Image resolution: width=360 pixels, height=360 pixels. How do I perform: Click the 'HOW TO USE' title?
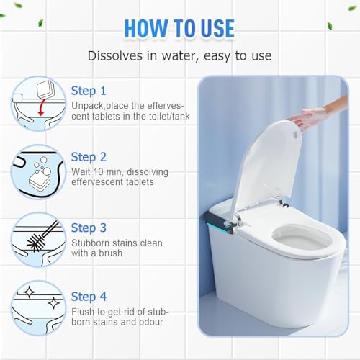click(179, 28)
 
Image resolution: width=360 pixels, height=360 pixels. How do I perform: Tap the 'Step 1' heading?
click(89, 91)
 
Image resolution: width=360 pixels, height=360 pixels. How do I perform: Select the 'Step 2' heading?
click(89, 158)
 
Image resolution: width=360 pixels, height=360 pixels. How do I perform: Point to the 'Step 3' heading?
click(89, 228)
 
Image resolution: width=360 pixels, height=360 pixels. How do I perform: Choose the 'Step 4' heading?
click(89, 297)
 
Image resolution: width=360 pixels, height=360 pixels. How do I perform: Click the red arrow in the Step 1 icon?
click(42, 107)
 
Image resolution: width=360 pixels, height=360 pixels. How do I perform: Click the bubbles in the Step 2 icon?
click(42, 166)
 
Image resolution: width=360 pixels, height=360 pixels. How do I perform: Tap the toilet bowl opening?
click(302, 239)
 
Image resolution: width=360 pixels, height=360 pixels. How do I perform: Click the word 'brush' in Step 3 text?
click(110, 253)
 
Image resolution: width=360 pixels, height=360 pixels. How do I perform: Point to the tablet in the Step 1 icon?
click(45, 89)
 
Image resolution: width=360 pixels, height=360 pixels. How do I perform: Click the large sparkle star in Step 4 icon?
click(54, 303)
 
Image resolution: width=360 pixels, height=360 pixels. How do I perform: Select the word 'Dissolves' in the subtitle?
click(115, 56)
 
